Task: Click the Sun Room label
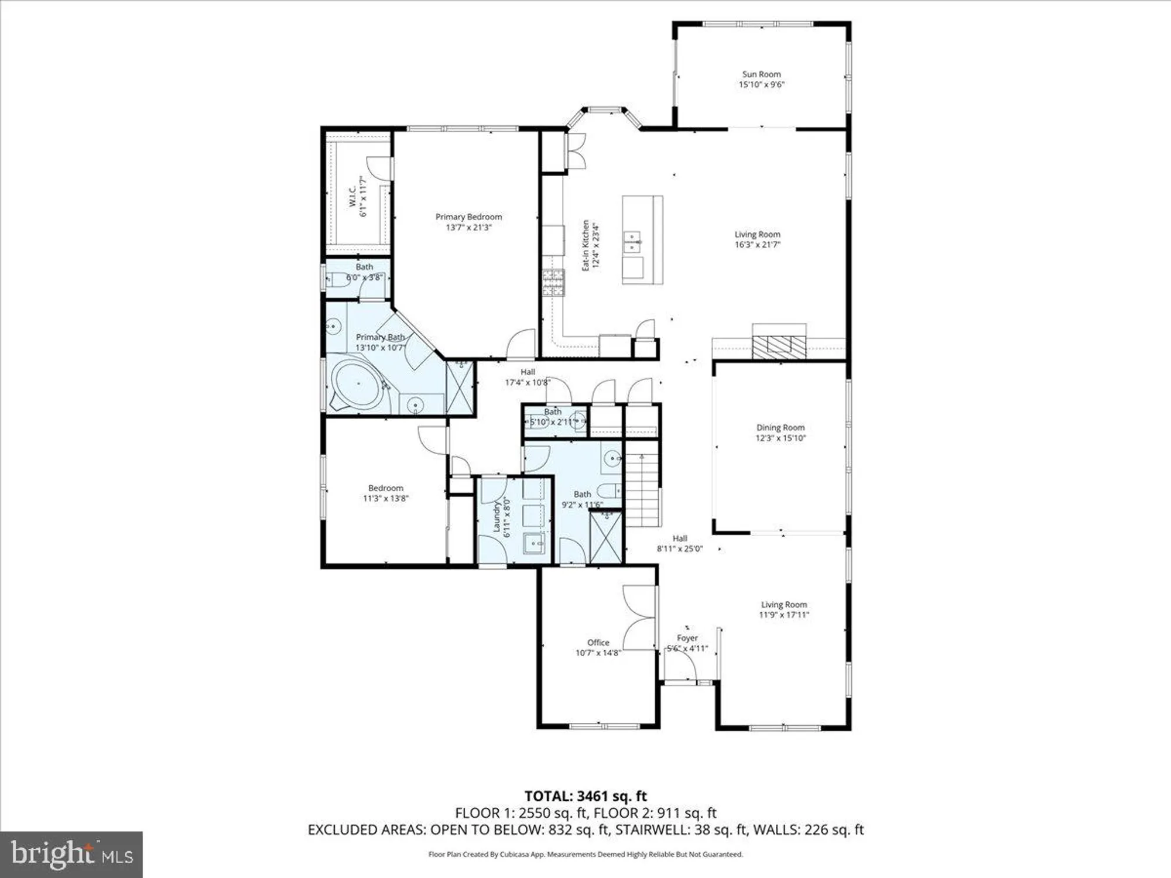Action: tap(761, 74)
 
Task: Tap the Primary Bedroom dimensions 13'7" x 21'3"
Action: tap(468, 227)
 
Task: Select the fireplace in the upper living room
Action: tap(779, 347)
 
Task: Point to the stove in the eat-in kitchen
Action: tap(553, 283)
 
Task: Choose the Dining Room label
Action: tap(780, 427)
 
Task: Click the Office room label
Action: tap(598, 642)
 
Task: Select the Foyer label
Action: tap(687, 638)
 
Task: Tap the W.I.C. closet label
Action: tap(353, 196)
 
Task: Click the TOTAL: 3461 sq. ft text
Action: tap(585, 796)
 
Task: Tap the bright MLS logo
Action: tap(71, 855)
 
